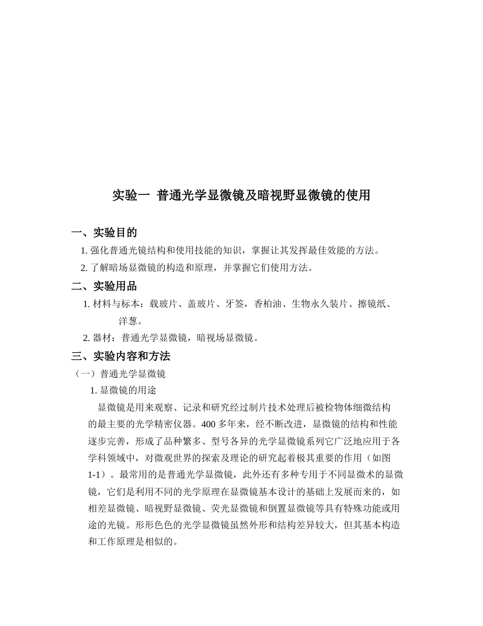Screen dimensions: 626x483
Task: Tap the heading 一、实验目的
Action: tap(104, 233)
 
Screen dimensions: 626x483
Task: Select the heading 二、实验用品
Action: tap(104, 286)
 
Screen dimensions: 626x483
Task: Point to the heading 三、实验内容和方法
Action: tap(121, 356)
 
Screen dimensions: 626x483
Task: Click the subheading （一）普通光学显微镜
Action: tap(120, 374)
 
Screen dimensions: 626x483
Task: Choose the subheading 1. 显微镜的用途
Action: tap(123, 390)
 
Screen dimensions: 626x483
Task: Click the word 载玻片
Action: tap(163, 304)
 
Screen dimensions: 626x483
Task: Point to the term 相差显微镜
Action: tap(111, 508)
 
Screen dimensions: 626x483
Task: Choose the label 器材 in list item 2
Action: tap(102, 337)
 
